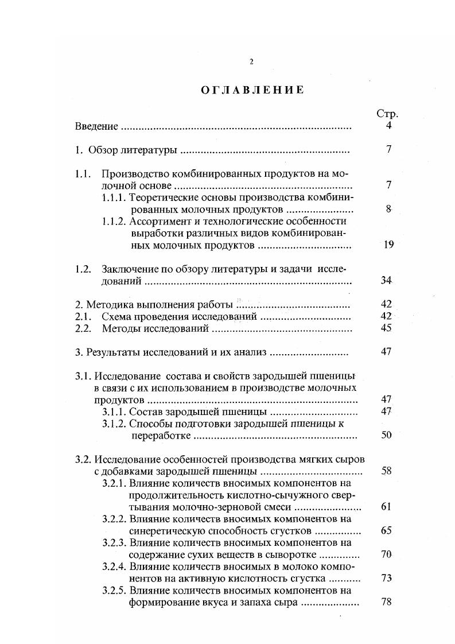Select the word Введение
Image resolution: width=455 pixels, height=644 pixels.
tap(96, 126)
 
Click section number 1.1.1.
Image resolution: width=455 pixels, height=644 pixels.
tap(114, 197)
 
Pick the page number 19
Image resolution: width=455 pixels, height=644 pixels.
tap(388, 245)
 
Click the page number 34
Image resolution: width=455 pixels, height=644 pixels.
tap(386, 281)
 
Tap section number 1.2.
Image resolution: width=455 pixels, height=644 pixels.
tap(83, 269)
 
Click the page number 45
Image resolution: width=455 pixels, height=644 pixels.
tap(386, 328)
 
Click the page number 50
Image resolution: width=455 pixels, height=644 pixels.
tap(386, 435)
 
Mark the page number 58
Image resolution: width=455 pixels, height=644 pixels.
tap(386, 471)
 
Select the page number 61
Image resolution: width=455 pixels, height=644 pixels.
tap(386, 507)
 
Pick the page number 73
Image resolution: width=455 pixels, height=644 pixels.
tap(386, 578)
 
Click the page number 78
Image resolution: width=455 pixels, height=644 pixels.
tap(386, 602)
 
